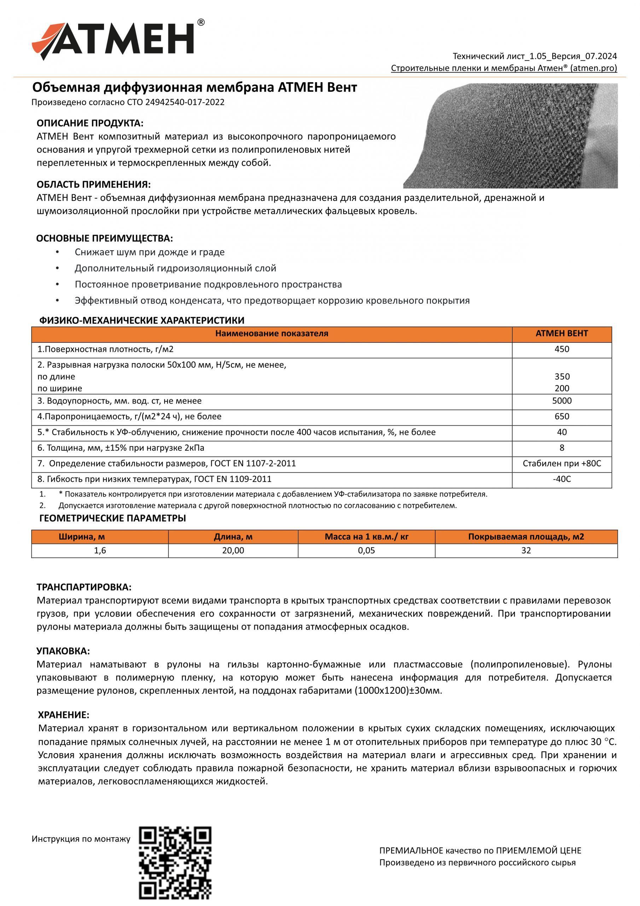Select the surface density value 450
click(562, 349)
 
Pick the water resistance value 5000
click(562, 401)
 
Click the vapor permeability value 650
click(562, 416)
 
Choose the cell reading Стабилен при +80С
click(562, 463)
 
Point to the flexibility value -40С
click(562, 479)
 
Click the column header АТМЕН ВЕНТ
click(562, 333)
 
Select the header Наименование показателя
click(271, 333)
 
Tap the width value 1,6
click(100, 550)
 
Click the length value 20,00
click(233, 550)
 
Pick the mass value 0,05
click(366, 550)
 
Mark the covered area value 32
click(526, 550)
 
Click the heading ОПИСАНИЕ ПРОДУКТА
click(90, 123)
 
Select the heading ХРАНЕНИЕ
click(64, 715)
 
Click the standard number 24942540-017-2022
click(185, 102)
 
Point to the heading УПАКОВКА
click(63, 651)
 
